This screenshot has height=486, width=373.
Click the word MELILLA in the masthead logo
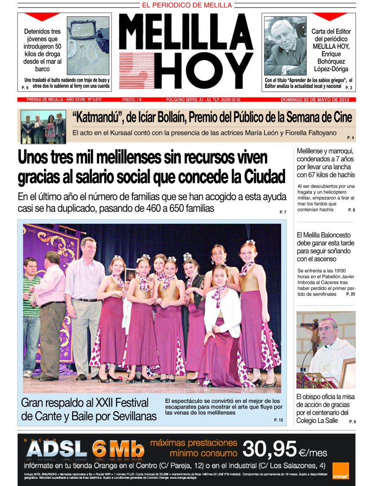(x=186, y=31)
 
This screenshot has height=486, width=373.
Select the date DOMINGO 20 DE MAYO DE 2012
(x=315, y=99)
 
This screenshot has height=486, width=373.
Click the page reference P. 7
(x=283, y=212)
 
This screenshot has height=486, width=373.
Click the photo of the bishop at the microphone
(x=326, y=349)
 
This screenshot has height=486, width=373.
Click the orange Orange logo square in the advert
(x=340, y=470)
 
